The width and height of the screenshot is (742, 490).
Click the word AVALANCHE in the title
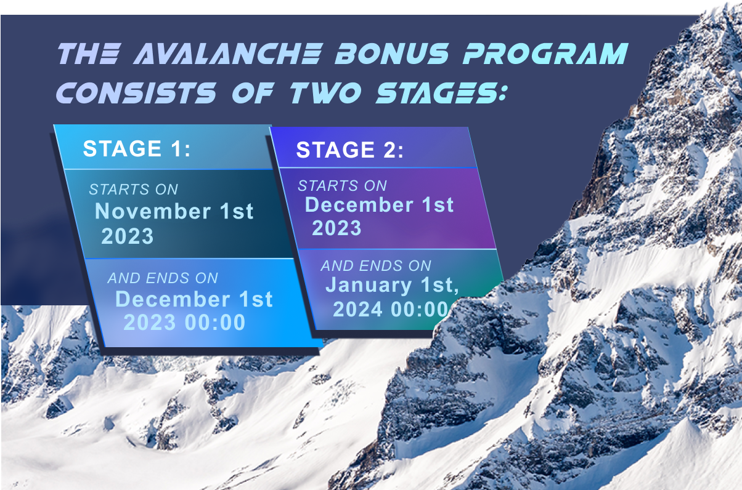coord(228,54)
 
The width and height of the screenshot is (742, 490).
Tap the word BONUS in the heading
coord(392,54)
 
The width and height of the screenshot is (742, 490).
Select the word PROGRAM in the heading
coord(545,54)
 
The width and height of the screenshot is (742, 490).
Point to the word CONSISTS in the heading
coord(137,93)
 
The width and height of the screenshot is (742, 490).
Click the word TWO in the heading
coord(326,93)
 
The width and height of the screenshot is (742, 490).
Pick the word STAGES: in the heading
coord(441,93)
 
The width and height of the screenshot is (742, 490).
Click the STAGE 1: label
coord(136,148)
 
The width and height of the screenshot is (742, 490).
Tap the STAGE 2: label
coord(350,150)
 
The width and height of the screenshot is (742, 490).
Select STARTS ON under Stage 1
coord(134,190)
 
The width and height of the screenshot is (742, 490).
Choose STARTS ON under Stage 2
coord(342,186)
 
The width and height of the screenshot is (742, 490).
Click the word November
coord(153,211)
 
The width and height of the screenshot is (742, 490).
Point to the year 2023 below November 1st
coord(128,236)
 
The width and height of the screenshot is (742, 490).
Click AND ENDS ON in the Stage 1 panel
coord(163,278)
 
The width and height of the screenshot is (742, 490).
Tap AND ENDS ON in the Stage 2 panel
coord(376,266)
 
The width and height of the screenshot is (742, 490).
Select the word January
coord(369,285)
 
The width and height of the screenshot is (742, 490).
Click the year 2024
coord(357,310)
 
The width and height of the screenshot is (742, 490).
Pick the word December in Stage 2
coord(359,204)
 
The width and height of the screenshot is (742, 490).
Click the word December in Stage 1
coord(173,299)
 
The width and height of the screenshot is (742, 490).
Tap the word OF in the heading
coord(253,93)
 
